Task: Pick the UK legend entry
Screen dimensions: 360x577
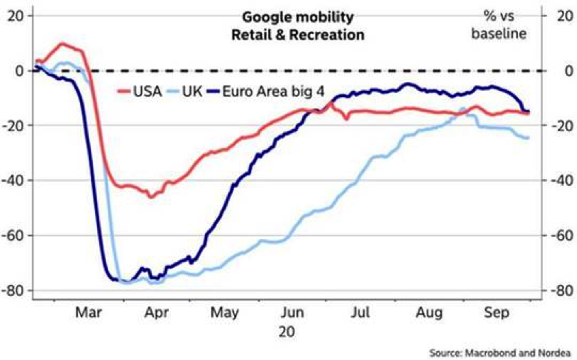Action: (x=195, y=91)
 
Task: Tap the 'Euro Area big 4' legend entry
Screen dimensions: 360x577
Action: (x=260, y=91)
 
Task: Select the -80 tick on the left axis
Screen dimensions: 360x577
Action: (x=15, y=291)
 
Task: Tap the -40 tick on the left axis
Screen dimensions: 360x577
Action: (x=15, y=181)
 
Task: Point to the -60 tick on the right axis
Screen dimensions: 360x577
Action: (x=561, y=236)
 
